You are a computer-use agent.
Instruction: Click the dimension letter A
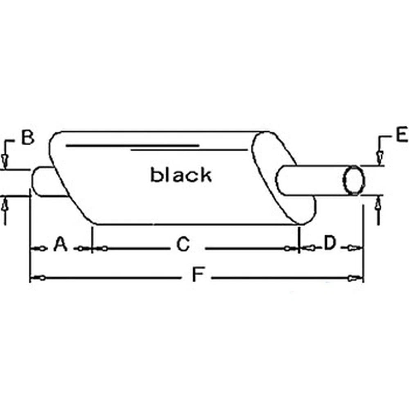click(x=60, y=244)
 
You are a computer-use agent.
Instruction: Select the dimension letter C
click(x=183, y=244)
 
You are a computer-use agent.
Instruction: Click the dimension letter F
click(x=198, y=274)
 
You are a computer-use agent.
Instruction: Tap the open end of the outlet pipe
click(x=354, y=180)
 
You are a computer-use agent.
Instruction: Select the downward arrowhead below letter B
click(x=4, y=161)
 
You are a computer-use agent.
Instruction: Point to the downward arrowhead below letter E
click(x=380, y=157)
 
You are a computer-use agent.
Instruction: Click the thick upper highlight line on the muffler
click(x=133, y=146)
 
